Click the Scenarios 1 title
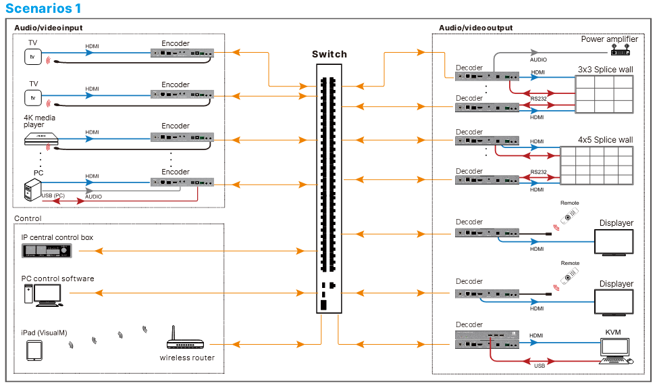click(x=43, y=9)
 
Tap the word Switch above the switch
click(x=330, y=54)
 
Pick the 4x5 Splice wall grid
click(x=597, y=165)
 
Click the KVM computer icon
click(x=616, y=349)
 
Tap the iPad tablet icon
click(x=34, y=350)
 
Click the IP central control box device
click(x=46, y=251)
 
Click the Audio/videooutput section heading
click(x=475, y=28)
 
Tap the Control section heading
click(x=28, y=218)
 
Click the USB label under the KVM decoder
click(x=540, y=366)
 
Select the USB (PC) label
click(x=53, y=196)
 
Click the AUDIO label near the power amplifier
click(x=538, y=59)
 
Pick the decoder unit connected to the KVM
click(x=485, y=339)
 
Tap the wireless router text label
click(x=187, y=358)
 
